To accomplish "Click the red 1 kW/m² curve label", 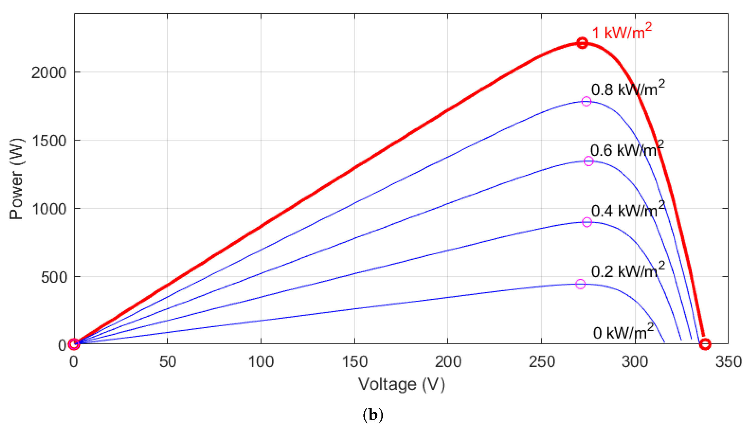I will tap(622, 32).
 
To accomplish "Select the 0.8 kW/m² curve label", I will tap(628, 89).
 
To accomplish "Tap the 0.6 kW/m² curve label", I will tap(627, 150).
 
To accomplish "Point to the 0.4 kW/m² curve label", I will tap(628, 210).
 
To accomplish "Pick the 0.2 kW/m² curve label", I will tap(628, 271).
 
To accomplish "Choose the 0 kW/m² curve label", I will tap(623, 332).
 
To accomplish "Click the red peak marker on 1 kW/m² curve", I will tap(582, 43).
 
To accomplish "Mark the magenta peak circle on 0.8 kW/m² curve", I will tap(586, 101).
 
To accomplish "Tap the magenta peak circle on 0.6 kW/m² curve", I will tap(588, 161).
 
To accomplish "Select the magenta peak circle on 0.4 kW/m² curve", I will tap(587, 222).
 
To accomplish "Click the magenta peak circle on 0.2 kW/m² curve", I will tap(580, 284).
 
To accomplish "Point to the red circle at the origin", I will tap(74, 344).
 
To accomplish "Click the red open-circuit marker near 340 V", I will tap(705, 344).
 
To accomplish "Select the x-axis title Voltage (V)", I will tap(401, 384).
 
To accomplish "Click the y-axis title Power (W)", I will tap(16, 179).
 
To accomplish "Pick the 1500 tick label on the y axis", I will tap(49, 141).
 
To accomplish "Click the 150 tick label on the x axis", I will tap(355, 362).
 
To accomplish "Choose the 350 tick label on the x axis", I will tap(728, 362).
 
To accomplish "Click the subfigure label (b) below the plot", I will tap(373, 415).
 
